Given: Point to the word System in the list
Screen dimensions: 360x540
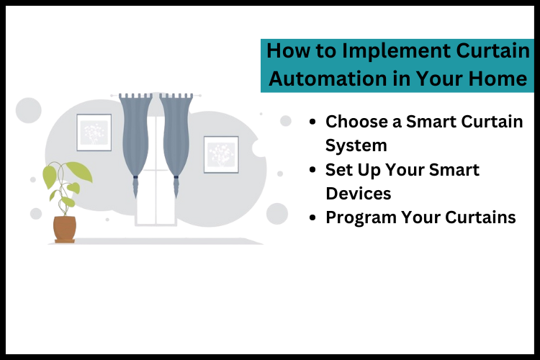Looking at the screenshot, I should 356,145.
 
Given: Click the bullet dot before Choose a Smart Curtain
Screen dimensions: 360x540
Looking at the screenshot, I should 311,122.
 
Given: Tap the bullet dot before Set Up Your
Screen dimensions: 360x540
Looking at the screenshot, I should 311,170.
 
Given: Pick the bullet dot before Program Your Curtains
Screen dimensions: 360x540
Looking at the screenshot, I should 311,217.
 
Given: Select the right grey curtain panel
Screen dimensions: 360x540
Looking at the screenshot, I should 176,137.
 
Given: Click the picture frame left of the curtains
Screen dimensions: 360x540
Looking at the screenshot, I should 94,132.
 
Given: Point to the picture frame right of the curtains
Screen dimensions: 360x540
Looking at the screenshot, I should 220,154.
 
